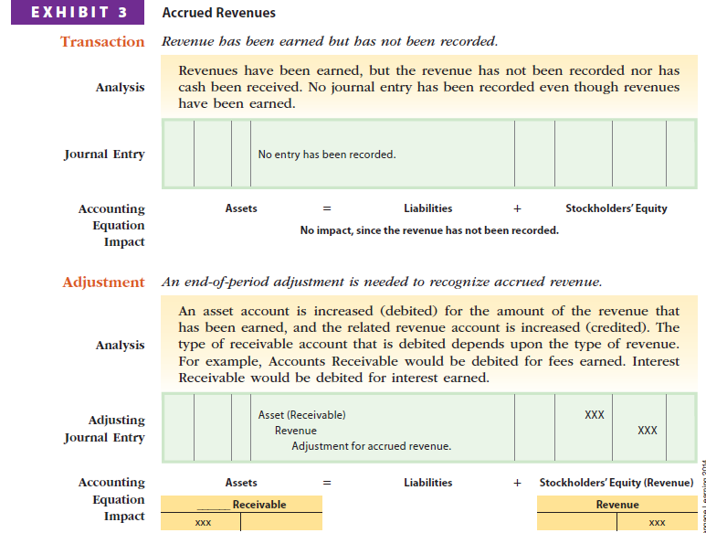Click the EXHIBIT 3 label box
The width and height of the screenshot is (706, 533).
pos(77,13)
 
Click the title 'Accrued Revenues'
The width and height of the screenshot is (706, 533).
pos(218,13)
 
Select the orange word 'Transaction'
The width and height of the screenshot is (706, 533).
pos(102,42)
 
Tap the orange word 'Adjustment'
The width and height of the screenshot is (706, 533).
pos(103,282)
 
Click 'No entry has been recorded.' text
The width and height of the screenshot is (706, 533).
pos(327,155)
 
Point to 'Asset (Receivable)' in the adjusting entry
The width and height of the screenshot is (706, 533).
pos(301,415)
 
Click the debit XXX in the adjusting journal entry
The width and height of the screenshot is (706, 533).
pos(594,415)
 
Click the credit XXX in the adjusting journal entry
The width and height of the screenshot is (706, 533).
pos(648,431)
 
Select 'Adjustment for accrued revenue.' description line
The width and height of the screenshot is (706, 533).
pos(371,446)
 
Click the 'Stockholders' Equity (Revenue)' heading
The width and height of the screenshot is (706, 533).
pos(616,482)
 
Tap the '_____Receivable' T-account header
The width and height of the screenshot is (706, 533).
pos(242,505)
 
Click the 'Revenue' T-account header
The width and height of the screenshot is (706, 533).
pos(617,505)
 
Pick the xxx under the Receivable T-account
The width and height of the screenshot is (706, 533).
pos(203,523)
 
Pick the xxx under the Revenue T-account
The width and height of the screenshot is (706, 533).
pos(656,523)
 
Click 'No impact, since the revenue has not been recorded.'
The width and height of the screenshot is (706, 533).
pos(429,230)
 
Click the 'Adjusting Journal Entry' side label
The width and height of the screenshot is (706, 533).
pos(104,429)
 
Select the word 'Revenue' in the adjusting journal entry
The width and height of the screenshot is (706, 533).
pos(296,431)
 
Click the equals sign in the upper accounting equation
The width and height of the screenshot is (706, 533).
pos(326,208)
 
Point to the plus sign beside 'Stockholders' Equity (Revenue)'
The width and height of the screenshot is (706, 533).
pos(517,482)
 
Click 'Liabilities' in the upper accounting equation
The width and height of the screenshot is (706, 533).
pos(427,208)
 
